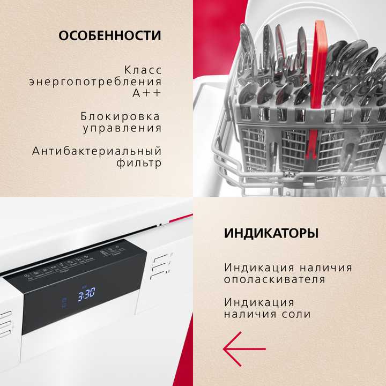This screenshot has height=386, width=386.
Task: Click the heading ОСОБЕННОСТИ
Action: coord(109,36)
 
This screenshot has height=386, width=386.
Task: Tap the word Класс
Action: coord(142,70)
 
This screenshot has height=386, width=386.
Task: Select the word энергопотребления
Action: coord(95,81)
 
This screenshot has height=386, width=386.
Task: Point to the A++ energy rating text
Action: coord(146,93)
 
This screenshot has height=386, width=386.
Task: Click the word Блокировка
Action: coord(121,116)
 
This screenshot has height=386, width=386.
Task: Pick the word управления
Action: coord(122,128)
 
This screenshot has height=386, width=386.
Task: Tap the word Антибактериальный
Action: coord(96,151)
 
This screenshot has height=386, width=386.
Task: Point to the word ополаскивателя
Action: coord(274,279)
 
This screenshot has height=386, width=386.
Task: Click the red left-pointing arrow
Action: coord(244,349)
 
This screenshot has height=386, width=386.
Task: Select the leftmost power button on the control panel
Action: coord(29,274)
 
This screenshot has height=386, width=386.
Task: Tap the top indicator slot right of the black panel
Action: coord(157,258)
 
